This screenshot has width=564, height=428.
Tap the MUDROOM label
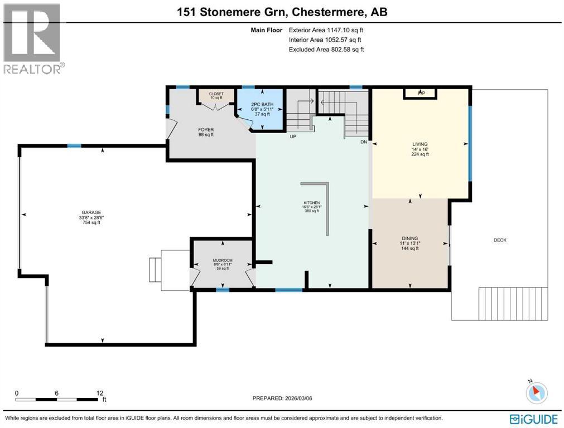[x=222, y=260]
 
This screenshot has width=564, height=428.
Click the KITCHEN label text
[x=311, y=202]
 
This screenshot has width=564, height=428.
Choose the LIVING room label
[x=420, y=144]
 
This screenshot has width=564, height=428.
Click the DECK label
[x=500, y=240]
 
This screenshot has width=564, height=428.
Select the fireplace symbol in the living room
[x=421, y=93]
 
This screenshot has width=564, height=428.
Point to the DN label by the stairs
[x=364, y=143]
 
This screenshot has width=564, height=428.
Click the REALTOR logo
[x=33, y=38]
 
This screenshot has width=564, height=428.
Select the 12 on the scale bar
[x=100, y=393]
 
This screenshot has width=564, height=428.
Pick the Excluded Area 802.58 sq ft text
[x=326, y=50]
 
